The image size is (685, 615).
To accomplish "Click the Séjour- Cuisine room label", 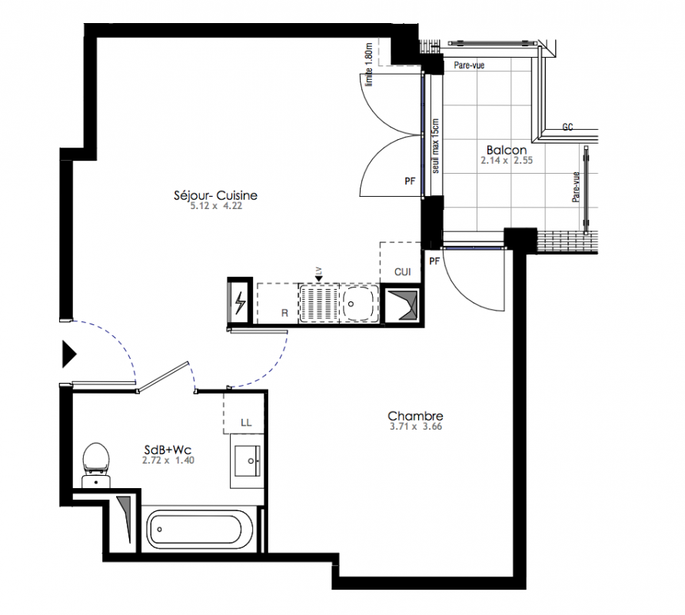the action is pos(215,195).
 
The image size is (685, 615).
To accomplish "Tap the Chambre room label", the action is pos(415,416).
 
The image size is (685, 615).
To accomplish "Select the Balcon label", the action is pos(507,150).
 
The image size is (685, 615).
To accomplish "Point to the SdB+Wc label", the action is pos(168,450).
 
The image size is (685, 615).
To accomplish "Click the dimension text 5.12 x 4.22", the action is pos(216,206).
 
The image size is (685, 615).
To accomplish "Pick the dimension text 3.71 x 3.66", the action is pos(415,427).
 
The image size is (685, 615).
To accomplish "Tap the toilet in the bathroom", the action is pos(96,465).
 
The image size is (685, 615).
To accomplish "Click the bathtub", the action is pos(194,530).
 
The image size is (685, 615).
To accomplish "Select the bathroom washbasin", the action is pos(248,460).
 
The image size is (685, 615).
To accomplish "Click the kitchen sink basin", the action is pos(357,304).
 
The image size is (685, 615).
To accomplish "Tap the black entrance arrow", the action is pos(69,354).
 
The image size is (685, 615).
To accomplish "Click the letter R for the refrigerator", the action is pos(284,313).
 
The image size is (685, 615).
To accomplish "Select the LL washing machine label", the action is pos(246,422).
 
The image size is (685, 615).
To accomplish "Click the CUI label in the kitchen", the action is pos(402,272).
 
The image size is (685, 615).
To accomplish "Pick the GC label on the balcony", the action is pos(567,127).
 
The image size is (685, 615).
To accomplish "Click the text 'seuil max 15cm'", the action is pos(436,146).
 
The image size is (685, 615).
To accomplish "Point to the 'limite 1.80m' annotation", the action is pos(369,65).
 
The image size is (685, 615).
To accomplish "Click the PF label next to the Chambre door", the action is pos(434,261).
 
